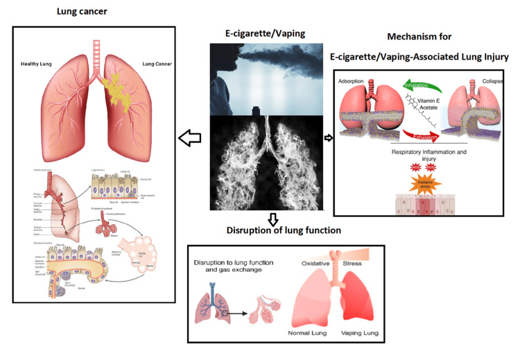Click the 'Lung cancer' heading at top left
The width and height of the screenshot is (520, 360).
[x=82, y=12]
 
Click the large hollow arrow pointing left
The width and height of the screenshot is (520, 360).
[x=187, y=139]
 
